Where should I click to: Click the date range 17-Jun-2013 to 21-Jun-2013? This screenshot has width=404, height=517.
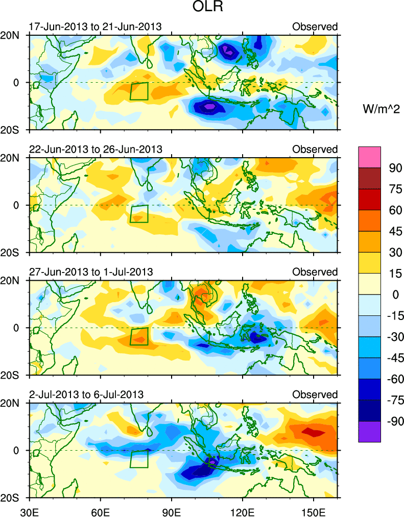point(95,27)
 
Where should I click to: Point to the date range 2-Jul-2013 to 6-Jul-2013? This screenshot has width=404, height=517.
point(86,395)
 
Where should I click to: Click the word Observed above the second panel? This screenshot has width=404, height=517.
point(315,150)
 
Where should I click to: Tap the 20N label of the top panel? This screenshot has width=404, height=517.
point(14,36)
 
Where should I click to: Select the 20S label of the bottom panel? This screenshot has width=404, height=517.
point(14,498)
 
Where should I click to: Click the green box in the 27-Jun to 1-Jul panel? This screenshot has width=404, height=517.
point(139,336)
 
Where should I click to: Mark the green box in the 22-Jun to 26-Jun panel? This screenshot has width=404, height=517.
point(139,214)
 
